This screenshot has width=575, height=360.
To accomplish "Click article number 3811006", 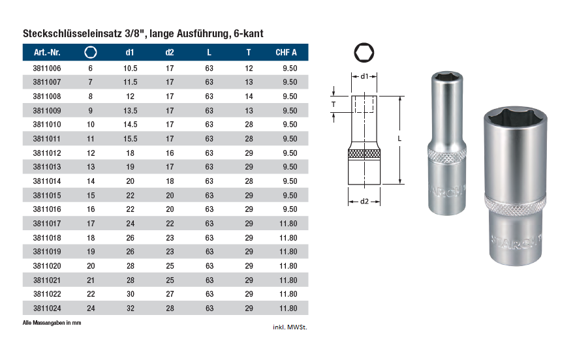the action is [47, 68].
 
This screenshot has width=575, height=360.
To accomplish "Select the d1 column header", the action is [130, 52].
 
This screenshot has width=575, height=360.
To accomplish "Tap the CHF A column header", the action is [286, 52].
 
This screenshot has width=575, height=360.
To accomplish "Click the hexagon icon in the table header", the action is [91, 52].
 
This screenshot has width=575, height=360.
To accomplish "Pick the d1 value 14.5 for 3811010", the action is [130, 125].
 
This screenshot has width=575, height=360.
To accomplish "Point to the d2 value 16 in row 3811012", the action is [170, 153].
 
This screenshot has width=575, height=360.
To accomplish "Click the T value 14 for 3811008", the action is [249, 97].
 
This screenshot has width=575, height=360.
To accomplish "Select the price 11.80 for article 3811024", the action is [288, 308].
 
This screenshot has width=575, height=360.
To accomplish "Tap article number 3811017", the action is [47, 224].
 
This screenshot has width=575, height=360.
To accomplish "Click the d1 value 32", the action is [131, 308].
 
